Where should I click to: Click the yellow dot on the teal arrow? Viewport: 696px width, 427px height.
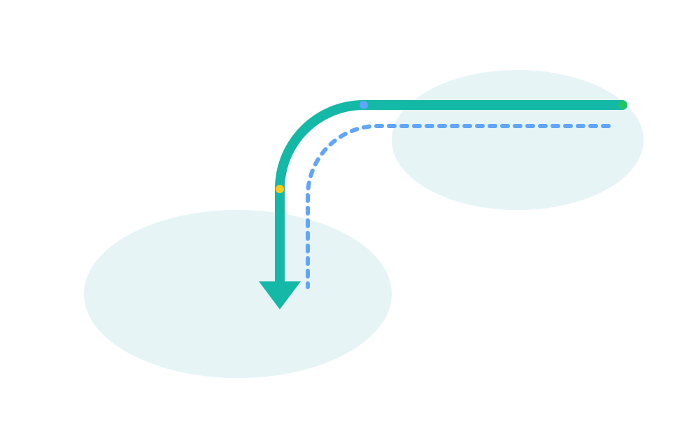point(280,189)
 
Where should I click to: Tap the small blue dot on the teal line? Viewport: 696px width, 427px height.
point(364,105)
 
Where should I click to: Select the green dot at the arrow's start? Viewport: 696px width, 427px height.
point(623,105)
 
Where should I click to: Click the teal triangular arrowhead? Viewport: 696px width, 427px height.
point(280,292)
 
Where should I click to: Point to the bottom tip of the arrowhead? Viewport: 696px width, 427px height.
point(280,309)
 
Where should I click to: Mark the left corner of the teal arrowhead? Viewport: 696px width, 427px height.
point(260,282)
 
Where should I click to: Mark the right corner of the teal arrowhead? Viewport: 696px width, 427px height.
point(299,282)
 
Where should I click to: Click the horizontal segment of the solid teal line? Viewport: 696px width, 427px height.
point(490,105)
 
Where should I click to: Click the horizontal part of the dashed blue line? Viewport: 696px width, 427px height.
point(490,126)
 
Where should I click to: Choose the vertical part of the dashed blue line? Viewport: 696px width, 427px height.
point(308,238)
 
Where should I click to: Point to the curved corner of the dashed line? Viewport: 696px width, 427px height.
point(325,145)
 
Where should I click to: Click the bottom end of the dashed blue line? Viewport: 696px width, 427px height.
point(308,286)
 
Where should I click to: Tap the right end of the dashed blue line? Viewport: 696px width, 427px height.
point(609,126)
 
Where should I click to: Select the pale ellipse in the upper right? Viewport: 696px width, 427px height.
point(518,168)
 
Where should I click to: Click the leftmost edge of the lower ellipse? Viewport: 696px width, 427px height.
point(85,294)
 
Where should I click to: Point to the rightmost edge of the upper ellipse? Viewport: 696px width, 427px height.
point(643,140)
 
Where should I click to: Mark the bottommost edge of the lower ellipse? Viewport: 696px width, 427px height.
point(238,377)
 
